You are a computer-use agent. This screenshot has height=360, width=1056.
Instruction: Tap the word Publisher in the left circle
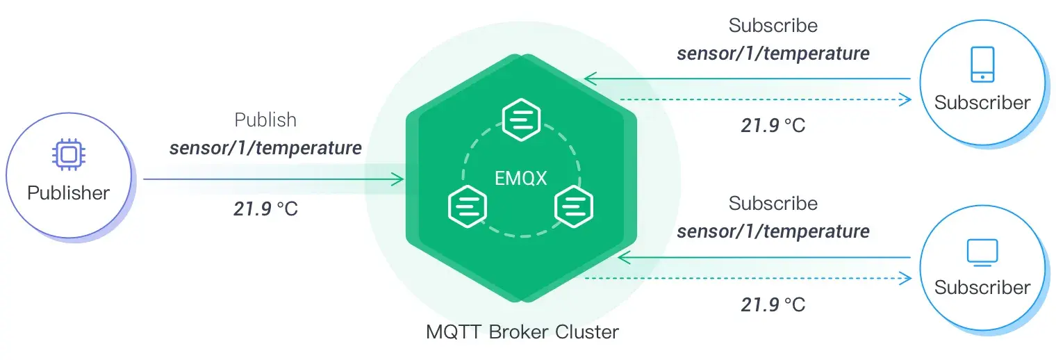tap(68, 193)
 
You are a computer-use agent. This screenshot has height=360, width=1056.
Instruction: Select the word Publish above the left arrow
tap(265, 120)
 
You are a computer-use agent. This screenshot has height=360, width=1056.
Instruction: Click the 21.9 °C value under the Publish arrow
tap(265, 208)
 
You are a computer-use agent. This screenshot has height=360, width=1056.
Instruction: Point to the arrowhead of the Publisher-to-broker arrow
tap(398, 180)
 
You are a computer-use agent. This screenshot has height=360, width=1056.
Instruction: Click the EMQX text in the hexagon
tap(521, 178)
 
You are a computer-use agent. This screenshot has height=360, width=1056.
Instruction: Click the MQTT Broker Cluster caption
tap(522, 332)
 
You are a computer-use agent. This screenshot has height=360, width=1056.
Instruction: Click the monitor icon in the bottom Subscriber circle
tap(982, 252)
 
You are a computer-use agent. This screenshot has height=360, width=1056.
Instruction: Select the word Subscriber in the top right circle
tap(982, 102)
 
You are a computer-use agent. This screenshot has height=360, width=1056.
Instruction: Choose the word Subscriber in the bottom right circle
tap(982, 287)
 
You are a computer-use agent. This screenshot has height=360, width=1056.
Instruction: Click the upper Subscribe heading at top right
tap(773, 26)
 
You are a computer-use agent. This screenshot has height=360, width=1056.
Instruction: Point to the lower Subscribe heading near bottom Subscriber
tap(773, 204)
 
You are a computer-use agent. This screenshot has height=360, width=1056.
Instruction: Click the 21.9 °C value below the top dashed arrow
tap(773, 126)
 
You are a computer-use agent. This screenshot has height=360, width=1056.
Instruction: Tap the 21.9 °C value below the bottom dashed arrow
tap(773, 304)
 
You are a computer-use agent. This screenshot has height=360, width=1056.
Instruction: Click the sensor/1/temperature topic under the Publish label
tap(265, 148)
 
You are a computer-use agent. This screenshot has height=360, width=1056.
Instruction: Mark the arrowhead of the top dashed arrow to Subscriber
tap(905, 99)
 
